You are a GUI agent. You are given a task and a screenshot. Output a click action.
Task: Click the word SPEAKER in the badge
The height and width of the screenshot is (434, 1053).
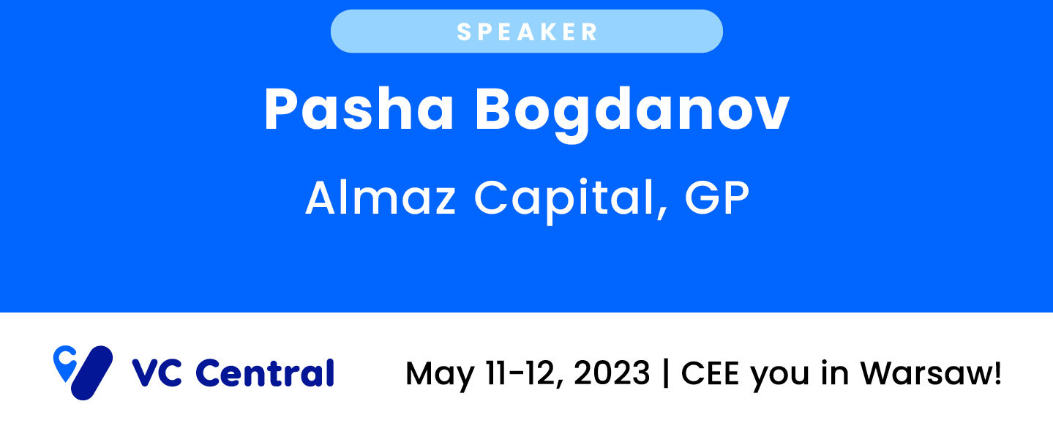[527, 32]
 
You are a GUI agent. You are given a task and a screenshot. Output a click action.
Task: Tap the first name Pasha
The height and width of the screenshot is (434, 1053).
[359, 109]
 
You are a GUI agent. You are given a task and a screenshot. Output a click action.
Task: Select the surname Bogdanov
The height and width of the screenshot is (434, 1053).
[632, 113]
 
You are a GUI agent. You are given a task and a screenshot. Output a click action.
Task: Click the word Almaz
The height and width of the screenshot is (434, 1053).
[381, 198]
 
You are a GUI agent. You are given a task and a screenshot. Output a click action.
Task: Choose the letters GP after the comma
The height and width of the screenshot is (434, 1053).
[716, 198]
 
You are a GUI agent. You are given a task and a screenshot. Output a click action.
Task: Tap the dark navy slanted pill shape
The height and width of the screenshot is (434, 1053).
[91, 373]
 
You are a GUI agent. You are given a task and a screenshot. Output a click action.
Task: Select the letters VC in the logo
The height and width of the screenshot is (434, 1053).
[157, 373]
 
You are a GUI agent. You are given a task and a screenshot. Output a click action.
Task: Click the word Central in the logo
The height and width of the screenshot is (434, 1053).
[265, 373]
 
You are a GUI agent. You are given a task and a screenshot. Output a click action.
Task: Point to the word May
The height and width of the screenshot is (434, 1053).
[440, 375]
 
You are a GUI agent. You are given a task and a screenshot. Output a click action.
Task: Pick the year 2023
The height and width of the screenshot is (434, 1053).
[612, 373]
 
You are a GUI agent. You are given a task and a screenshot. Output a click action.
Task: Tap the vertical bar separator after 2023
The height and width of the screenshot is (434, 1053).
[666, 374]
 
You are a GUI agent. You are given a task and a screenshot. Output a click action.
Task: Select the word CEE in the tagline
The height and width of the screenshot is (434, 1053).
[710, 373]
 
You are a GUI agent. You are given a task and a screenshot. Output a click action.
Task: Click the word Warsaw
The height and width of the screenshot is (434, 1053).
[925, 373]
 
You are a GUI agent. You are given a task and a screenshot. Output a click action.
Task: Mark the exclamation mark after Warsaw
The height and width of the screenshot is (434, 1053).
[996, 373]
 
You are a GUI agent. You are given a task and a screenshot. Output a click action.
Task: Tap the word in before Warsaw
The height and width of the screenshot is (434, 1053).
[835, 373]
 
